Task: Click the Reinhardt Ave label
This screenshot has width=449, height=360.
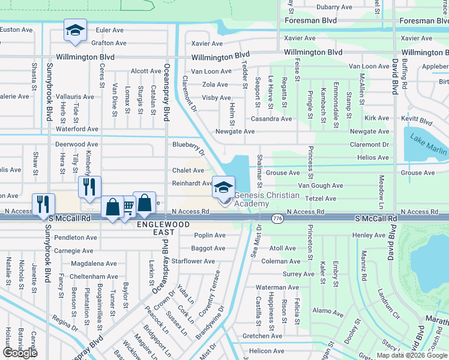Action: click(x=193, y=184)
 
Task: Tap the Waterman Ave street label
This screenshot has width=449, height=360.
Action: click(x=277, y=288)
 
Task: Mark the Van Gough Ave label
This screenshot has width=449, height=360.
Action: click(x=321, y=186)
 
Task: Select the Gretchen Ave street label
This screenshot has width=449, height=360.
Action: click(x=262, y=336)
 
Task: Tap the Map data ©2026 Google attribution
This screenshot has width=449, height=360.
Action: click(x=412, y=355)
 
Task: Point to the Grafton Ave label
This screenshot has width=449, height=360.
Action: click(x=109, y=43)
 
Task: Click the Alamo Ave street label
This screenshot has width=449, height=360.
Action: click(x=328, y=311)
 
